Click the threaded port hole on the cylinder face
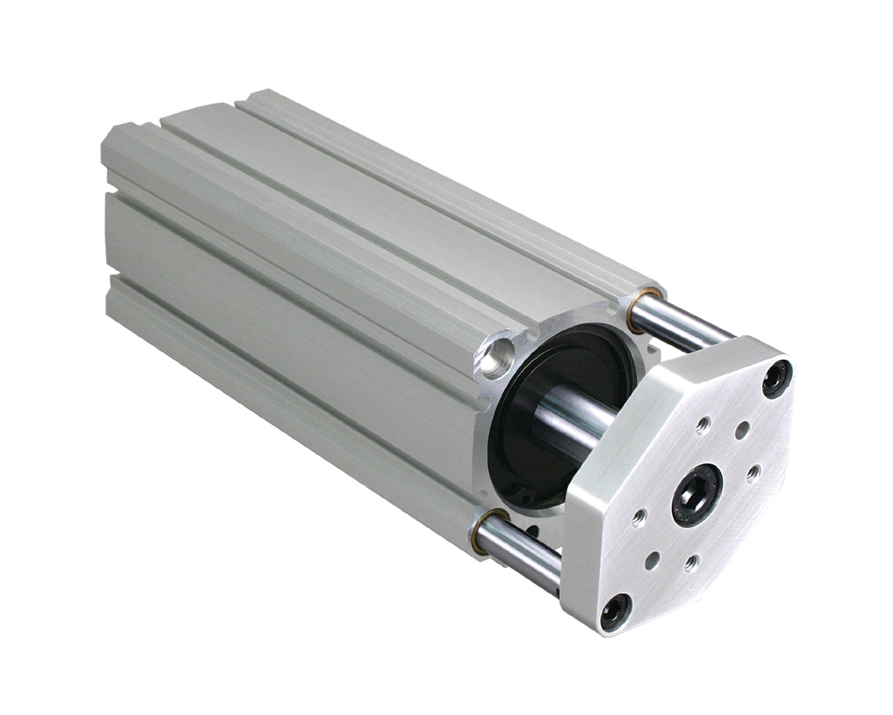pos(497,356)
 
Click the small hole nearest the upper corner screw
pos(742,430)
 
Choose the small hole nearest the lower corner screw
pos(651,560)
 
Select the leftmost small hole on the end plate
pos(639,516)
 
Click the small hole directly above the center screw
pos(703,424)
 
